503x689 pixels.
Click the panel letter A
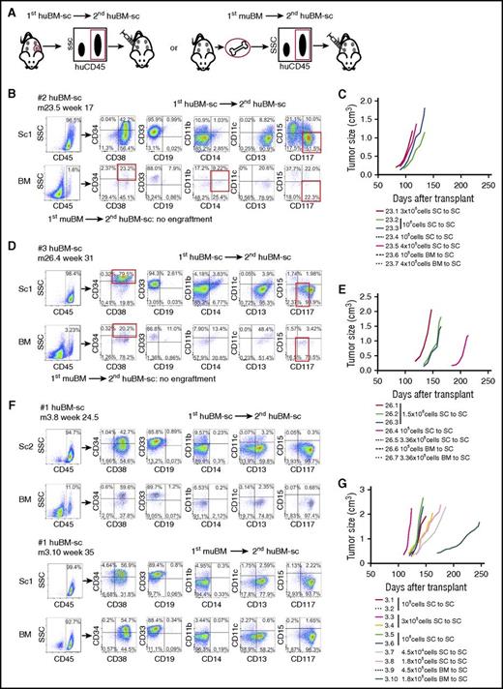click(x=7, y=8)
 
